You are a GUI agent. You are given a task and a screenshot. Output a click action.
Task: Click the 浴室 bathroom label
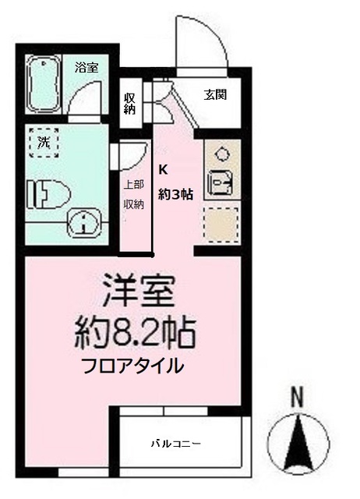coord(86,68)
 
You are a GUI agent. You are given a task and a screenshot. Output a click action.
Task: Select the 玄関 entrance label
coord(216,95)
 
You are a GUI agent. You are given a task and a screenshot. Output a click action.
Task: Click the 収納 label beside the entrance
coord(130,104)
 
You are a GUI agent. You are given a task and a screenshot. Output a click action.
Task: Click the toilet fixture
coord(47,192)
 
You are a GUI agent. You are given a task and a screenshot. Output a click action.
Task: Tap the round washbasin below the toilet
coord(84,223)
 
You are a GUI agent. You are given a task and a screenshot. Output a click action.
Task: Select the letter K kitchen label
coord(164,168)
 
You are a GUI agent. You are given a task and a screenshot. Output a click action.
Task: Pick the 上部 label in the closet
coord(134,186)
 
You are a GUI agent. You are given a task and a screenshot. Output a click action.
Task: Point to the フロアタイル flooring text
coord(134,365)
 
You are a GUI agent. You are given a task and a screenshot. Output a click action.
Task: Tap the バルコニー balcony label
coord(176,444)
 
